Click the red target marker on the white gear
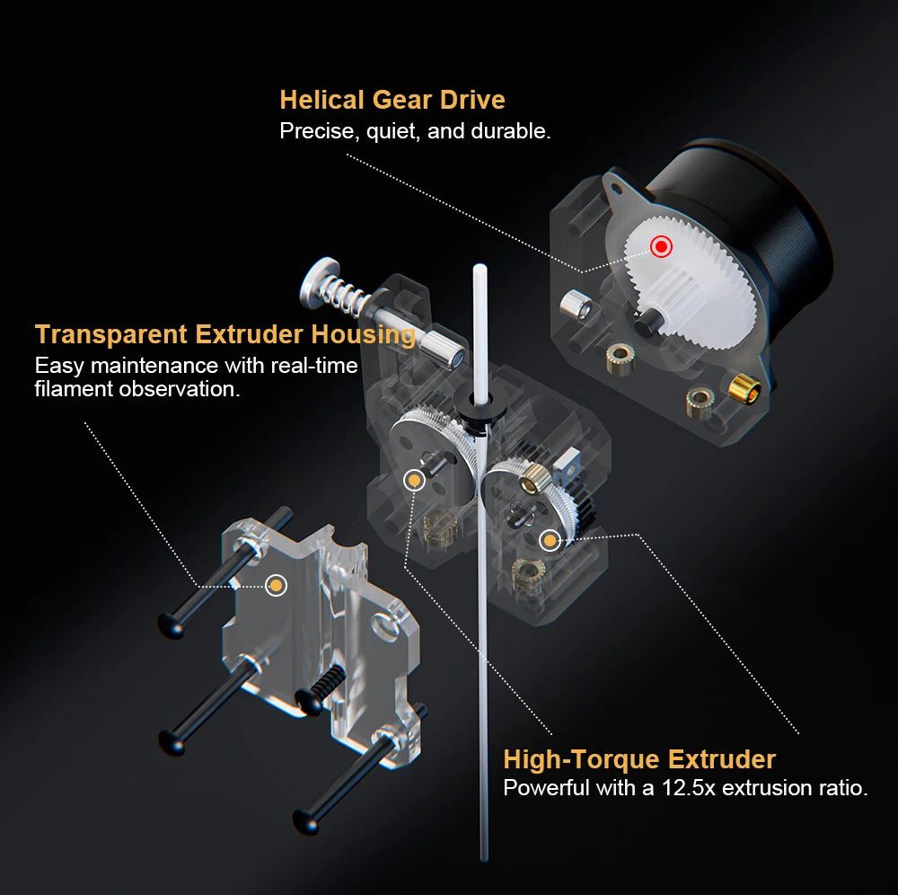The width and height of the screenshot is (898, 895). tap(661, 246)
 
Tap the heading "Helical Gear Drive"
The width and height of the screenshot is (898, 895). tap(392, 100)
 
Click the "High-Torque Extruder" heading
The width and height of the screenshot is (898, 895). tap(639, 759)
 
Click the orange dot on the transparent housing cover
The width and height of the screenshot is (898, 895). tap(276, 585)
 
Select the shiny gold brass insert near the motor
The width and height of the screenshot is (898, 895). tap(744, 388)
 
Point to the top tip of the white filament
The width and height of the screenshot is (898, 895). tap(480, 266)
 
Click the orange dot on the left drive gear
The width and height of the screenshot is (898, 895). tap(414, 480)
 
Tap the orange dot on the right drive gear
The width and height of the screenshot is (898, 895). tap(550, 540)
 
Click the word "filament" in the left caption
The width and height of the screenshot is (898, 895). tap(74, 389)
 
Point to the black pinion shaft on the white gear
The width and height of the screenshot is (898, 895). tap(648, 320)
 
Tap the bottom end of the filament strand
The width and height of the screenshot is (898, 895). tap(484, 857)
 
